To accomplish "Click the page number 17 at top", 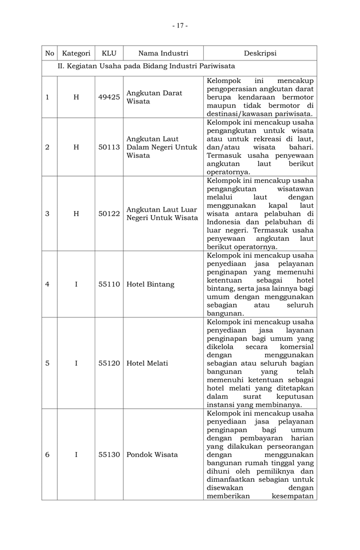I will point(180,26).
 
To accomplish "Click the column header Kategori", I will point(76,53).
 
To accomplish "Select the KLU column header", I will point(109,53).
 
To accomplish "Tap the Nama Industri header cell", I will point(163,53).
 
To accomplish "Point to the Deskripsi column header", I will point(260,53).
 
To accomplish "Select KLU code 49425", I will point(109,97).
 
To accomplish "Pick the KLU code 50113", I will point(109,147).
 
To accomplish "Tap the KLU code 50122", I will point(109,213).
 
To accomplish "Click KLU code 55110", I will point(109,284).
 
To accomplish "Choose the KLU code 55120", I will point(109,364).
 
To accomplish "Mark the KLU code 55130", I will point(109,455).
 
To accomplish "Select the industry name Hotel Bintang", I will point(150,284).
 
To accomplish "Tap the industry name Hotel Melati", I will point(148,364).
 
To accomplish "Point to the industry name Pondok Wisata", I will point(152,455).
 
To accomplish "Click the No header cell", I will point(50,53).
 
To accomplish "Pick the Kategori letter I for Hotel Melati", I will point(76,364).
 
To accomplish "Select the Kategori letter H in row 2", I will point(76,147).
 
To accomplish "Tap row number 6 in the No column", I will point(47,455).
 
